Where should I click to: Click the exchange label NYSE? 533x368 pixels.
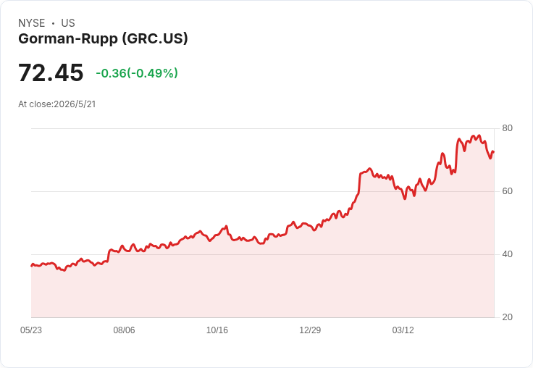32,23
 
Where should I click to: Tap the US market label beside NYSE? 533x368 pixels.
68,23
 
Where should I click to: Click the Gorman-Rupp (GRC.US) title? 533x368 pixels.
103,39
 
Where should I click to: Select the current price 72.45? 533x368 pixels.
51,72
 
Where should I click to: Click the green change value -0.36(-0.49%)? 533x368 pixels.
137,73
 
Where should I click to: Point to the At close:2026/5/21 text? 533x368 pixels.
57,104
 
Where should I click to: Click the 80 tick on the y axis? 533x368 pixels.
507,128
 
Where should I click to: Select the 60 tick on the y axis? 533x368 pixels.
507,191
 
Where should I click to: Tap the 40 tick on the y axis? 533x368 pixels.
507,254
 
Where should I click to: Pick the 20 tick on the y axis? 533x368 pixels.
507,317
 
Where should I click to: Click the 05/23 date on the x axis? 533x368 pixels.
31,330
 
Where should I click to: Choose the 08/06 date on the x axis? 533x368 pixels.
124,330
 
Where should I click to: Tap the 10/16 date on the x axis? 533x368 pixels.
217,330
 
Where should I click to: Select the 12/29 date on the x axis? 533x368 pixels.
310,330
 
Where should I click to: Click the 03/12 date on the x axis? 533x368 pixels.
403,330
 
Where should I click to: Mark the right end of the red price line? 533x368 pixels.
494,152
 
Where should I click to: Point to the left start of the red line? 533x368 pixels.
32,266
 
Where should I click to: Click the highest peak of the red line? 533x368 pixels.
479,135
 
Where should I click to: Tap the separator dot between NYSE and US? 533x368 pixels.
53,23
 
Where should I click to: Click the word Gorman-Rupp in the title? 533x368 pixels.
68,39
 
